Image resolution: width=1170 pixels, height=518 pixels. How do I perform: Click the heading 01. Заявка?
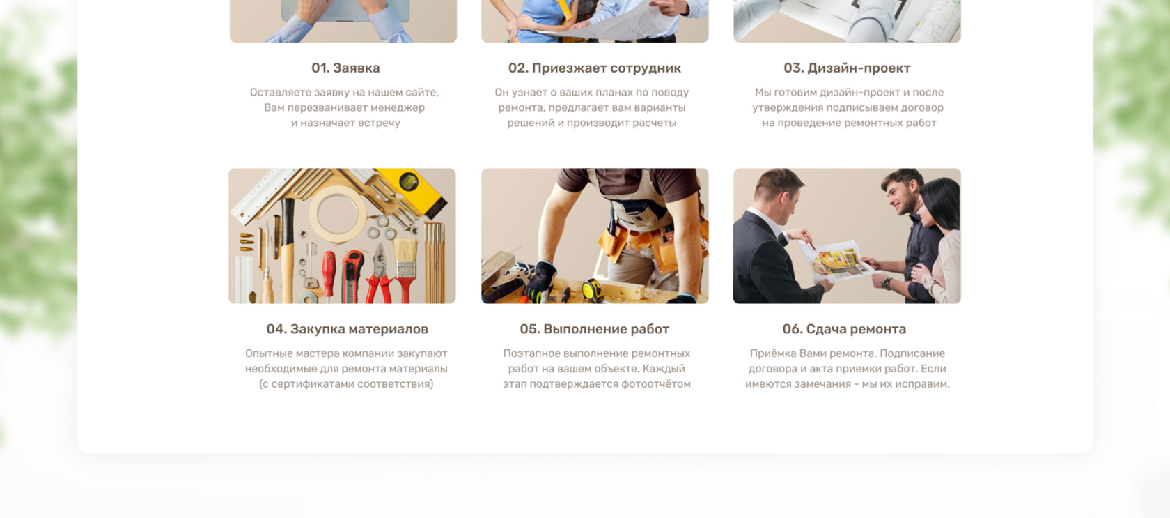click(x=345, y=68)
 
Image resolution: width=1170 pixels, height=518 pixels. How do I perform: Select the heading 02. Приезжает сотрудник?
click(x=595, y=68)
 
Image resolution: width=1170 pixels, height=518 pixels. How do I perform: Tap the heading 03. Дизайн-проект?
click(x=847, y=68)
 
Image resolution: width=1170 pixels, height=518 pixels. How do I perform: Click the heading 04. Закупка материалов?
click(x=348, y=329)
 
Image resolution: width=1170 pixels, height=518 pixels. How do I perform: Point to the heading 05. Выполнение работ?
click(x=595, y=329)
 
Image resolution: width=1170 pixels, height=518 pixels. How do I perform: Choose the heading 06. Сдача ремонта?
click(x=844, y=329)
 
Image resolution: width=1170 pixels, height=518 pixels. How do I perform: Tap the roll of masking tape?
click(x=338, y=214)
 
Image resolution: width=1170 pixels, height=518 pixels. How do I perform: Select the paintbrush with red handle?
click(x=405, y=269)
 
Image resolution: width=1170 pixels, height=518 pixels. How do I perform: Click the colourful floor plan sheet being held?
click(x=838, y=261)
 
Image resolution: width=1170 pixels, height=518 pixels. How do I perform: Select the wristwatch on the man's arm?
click(x=887, y=283)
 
